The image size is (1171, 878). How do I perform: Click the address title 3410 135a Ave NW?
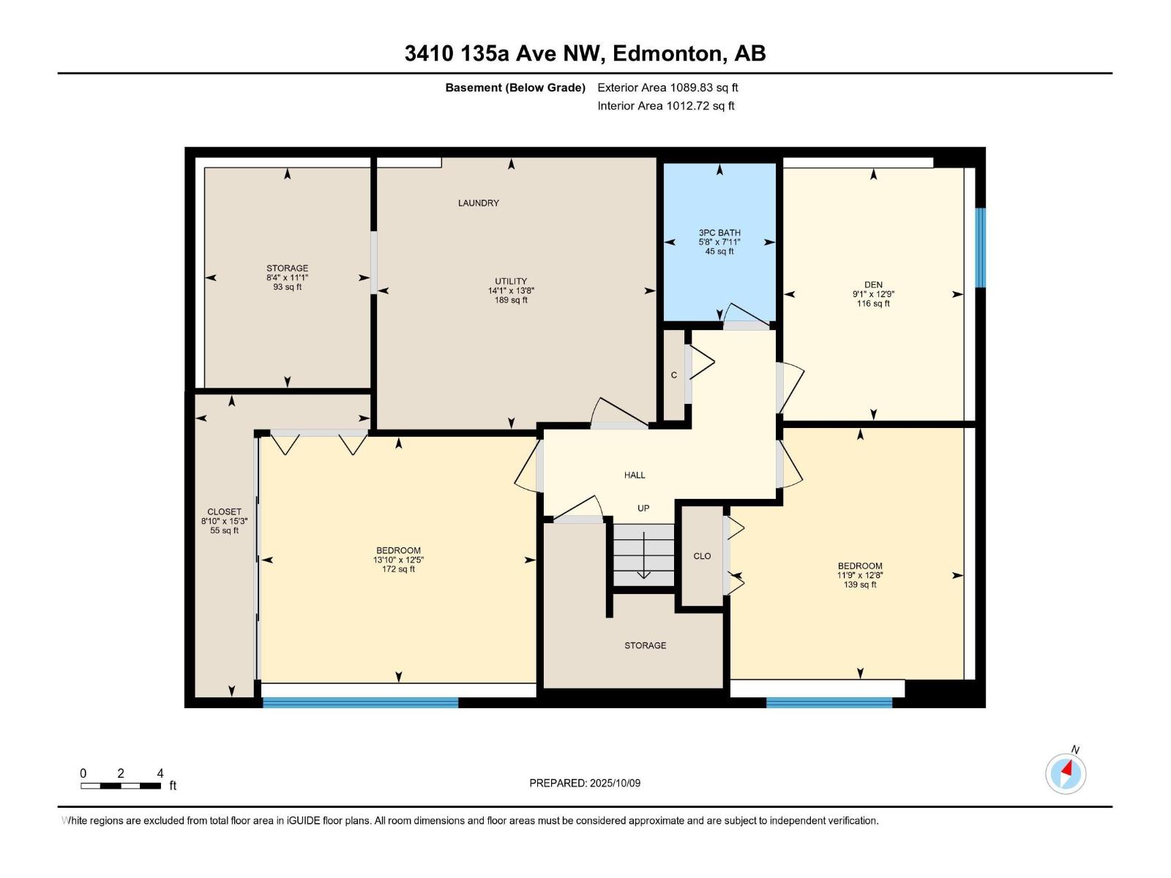point(585,53)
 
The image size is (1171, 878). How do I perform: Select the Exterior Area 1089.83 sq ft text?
point(667,88)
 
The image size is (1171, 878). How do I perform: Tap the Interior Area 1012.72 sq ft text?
point(665,106)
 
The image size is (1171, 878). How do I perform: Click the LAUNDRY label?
point(479,203)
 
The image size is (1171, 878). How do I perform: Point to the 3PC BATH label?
point(719,241)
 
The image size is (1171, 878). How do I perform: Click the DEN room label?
point(873,293)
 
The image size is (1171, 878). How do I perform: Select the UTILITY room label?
point(511,290)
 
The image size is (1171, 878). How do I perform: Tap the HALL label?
point(635,476)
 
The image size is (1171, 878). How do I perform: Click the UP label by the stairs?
point(643,509)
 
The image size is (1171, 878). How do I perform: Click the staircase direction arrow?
point(643,556)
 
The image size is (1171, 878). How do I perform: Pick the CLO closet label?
point(702,556)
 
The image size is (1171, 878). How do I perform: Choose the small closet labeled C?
point(674,375)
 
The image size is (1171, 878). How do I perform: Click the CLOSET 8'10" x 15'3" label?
point(225,521)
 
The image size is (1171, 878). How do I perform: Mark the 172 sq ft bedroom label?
point(398,560)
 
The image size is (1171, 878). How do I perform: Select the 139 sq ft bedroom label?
point(860,575)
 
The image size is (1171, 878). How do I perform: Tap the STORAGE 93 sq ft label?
point(287,277)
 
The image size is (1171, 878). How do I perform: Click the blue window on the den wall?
point(981,247)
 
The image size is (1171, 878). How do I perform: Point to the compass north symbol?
point(1066,773)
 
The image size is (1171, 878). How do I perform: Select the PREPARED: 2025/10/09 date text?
point(585,783)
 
